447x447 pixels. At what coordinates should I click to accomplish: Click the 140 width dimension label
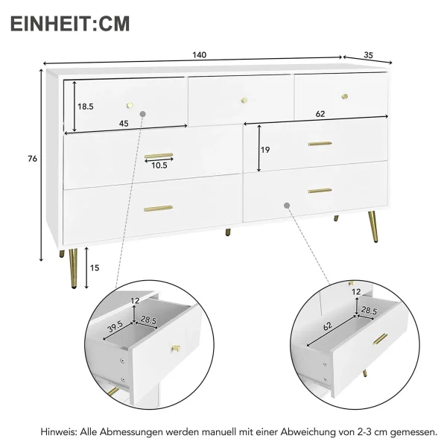click(x=199, y=55)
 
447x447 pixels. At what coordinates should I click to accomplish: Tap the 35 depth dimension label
click(x=368, y=55)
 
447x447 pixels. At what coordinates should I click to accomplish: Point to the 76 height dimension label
click(x=33, y=159)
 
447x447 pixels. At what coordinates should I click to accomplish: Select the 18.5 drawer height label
click(x=86, y=107)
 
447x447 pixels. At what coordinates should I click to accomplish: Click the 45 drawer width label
click(x=124, y=124)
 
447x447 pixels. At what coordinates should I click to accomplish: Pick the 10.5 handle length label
click(x=159, y=165)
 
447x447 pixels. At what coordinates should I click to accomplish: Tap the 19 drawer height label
click(x=265, y=150)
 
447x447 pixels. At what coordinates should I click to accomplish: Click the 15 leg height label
click(x=95, y=268)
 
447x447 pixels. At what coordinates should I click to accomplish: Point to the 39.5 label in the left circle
click(x=115, y=327)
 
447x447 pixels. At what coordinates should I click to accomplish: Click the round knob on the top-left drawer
click(x=130, y=105)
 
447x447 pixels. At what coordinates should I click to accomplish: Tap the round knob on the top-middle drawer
click(x=244, y=100)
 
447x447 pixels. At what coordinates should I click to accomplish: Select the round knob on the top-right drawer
click(x=345, y=96)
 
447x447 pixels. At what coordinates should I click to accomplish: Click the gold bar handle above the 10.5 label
click(x=159, y=156)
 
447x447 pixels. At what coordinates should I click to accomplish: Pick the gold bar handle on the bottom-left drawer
click(x=158, y=209)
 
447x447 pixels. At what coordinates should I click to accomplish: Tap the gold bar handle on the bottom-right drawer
click(x=320, y=191)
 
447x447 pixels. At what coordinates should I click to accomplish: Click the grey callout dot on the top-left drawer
click(x=143, y=114)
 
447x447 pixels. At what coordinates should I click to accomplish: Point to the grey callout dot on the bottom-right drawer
click(x=287, y=206)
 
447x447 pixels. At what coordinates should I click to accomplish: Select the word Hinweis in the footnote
click(x=58, y=431)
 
